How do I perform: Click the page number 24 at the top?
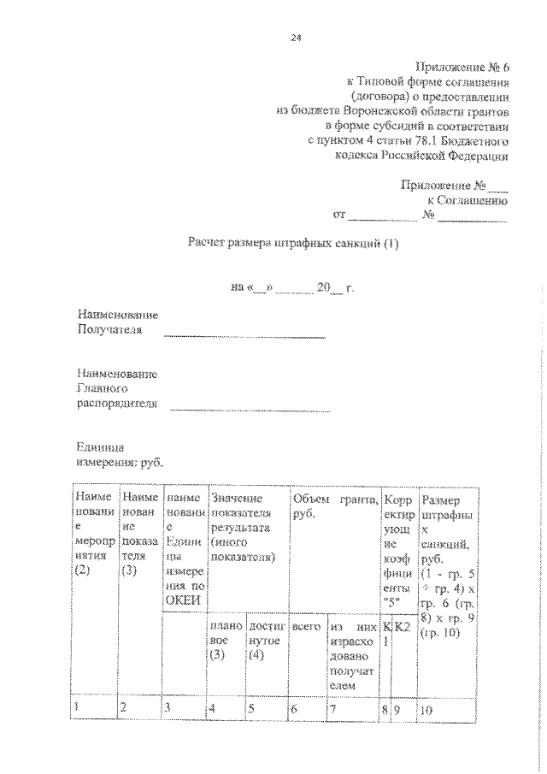[296, 38]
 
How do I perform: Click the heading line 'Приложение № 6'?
[462, 67]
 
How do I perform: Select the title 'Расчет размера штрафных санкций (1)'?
[293, 243]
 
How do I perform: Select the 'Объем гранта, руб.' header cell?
[335, 506]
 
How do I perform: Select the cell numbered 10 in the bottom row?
[448, 707]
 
